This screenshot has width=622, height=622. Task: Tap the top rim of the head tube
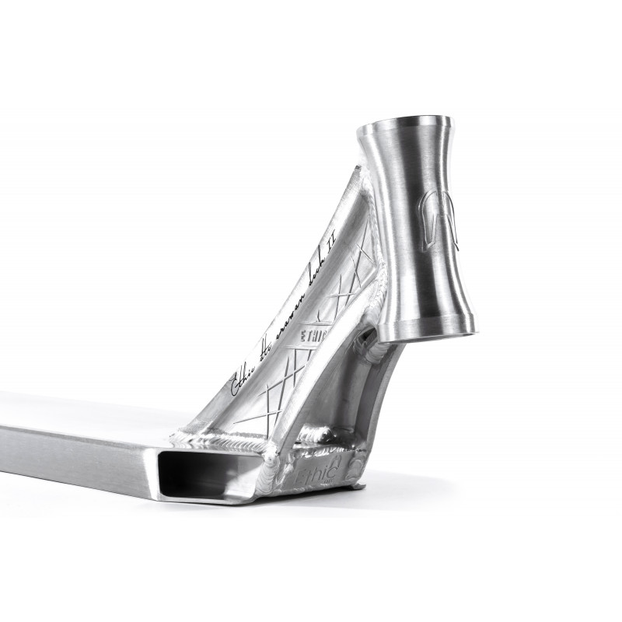[404, 123]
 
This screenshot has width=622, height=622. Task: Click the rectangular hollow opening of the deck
[206, 475]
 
